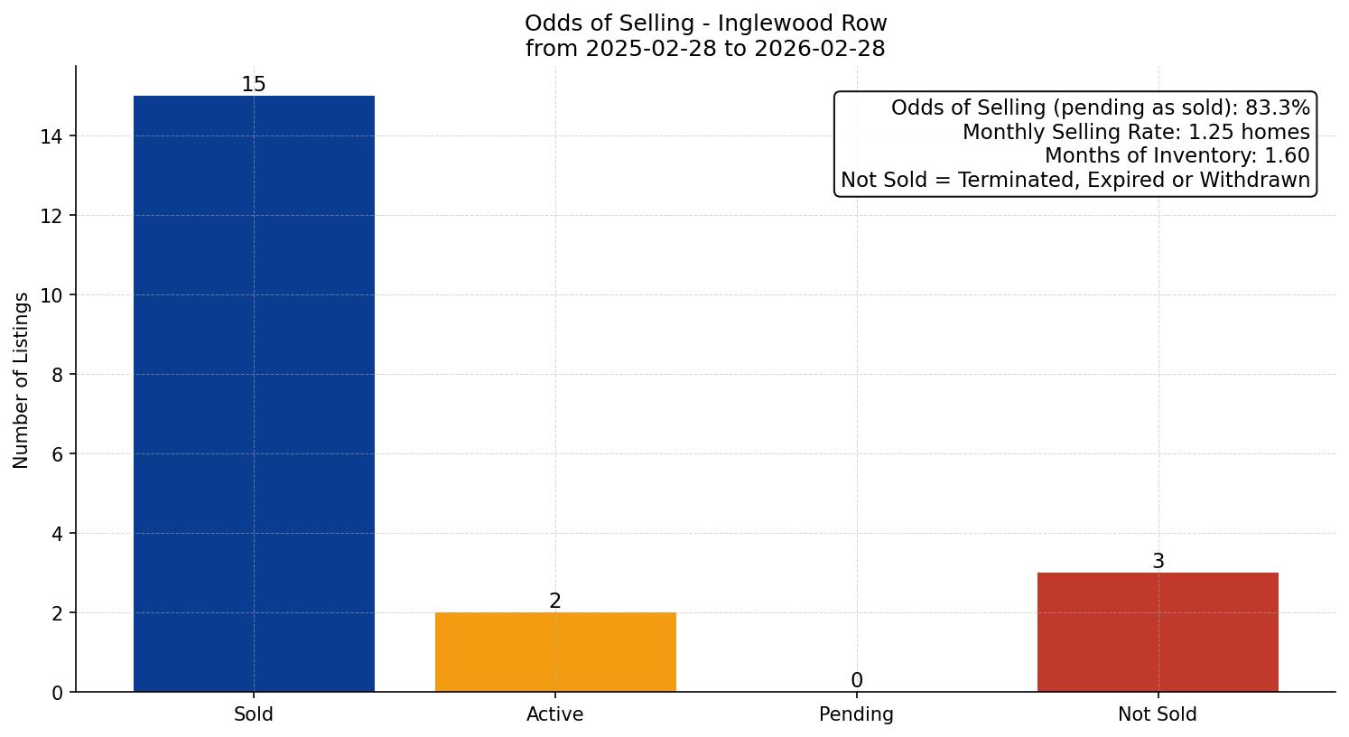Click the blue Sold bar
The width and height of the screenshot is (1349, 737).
254,394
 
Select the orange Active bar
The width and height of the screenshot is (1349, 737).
555,652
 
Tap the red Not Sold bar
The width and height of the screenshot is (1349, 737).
1158,632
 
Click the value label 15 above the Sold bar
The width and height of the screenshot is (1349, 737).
254,85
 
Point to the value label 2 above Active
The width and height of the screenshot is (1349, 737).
555,602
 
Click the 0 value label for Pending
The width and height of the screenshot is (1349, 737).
856,681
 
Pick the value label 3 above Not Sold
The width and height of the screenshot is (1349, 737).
1158,562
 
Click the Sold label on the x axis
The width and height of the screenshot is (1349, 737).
254,714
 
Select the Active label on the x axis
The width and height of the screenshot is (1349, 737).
555,714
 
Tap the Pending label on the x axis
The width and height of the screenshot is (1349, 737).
856,714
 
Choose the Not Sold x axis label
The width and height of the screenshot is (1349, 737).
1158,714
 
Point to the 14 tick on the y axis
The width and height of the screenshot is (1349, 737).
51,136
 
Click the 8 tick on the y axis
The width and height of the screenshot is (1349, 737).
57,375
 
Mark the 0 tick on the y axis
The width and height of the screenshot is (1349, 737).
57,693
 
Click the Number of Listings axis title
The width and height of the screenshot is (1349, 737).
22,379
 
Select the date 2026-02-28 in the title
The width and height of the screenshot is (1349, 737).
820,49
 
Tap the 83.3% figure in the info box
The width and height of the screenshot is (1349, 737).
1277,108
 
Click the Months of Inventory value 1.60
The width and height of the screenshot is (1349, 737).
1289,156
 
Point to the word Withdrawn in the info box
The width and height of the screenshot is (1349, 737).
1260,180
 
